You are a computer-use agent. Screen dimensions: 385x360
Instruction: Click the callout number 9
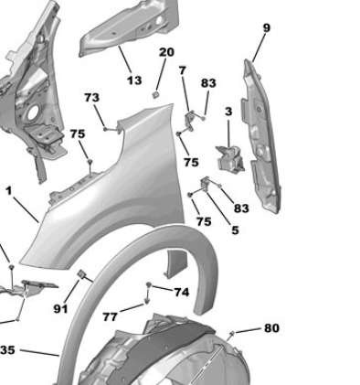266,28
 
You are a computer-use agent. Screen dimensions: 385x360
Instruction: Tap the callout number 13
134,80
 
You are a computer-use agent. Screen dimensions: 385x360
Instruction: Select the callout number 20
165,52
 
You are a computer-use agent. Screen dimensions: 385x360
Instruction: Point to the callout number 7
182,70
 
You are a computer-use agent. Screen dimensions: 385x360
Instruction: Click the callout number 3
228,112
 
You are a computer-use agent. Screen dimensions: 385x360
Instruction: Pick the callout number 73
91,98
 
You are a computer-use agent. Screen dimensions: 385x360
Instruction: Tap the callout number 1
9,192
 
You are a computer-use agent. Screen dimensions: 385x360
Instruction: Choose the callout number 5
234,230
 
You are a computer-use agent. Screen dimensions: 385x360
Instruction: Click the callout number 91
60,309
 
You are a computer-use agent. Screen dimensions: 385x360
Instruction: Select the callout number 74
181,292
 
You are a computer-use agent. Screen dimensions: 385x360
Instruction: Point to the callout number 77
110,316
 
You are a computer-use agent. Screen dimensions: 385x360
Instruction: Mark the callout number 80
271,328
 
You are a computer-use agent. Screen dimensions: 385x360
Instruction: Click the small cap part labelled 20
156,93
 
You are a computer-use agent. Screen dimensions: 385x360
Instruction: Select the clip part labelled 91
81,274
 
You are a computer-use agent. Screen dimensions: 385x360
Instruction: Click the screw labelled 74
148,287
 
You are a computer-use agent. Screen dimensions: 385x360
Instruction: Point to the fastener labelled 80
235,333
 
